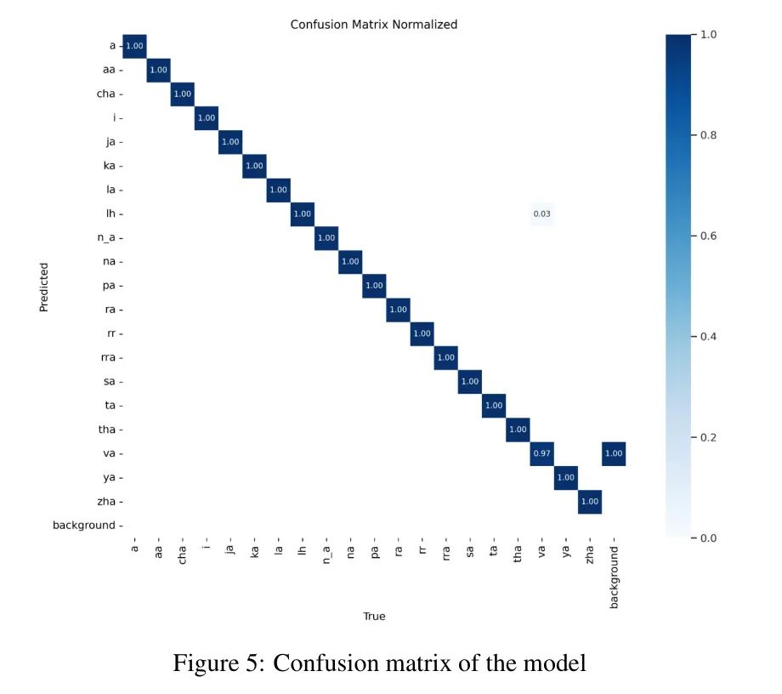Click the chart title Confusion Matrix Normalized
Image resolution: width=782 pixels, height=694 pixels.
[373, 25]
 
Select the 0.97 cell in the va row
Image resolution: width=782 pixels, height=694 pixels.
[541, 453]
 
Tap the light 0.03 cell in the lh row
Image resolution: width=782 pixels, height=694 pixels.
[541, 213]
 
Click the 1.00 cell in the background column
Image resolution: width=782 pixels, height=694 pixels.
[613, 453]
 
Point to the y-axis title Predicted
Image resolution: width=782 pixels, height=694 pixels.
[44, 287]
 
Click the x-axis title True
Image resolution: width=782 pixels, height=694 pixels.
[374, 616]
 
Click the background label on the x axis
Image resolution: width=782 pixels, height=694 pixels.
[614, 577]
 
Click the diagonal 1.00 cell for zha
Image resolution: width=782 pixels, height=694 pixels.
[589, 501]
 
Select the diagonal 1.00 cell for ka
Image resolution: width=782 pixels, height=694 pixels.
[254, 166]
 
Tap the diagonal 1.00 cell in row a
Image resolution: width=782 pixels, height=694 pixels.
[134, 46]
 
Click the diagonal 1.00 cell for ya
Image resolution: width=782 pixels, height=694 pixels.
[565, 477]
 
